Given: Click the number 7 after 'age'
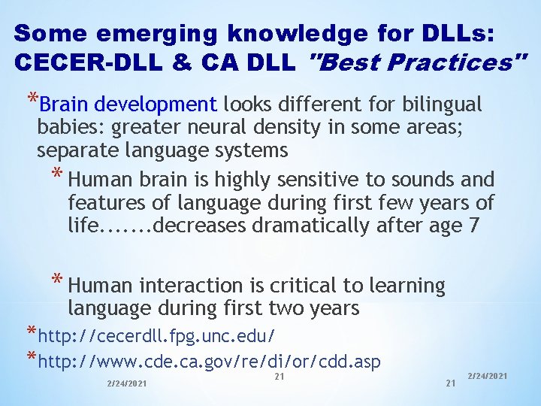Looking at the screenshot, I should coord(473,225).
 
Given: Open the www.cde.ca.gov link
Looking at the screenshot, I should coord(209,362).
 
